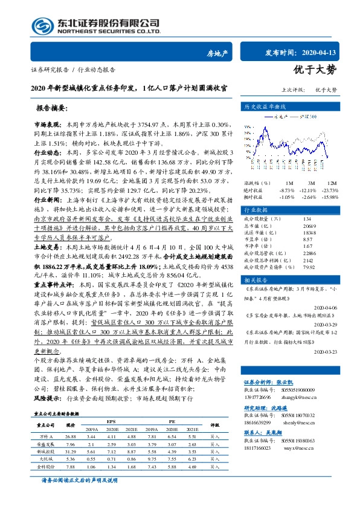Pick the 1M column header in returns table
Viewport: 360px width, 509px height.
click(289, 183)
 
